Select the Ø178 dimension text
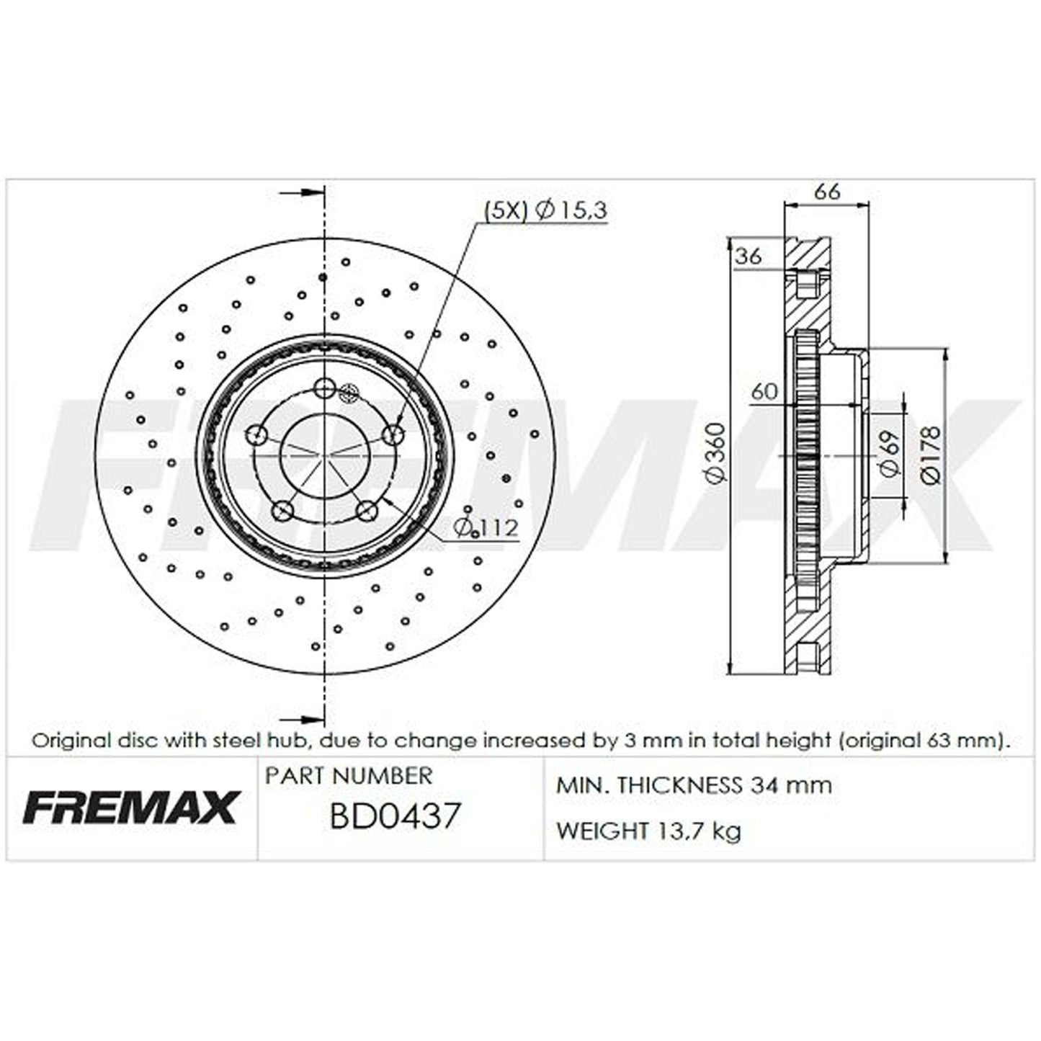pyautogui.click(x=930, y=454)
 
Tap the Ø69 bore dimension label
pyautogui.click(x=888, y=454)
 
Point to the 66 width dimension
pyautogui.click(x=826, y=192)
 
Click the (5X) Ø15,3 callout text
pyautogui.click(x=545, y=210)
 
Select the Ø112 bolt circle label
pyautogui.click(x=486, y=528)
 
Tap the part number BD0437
pyautogui.click(x=394, y=817)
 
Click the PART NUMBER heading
pyautogui.click(x=349, y=776)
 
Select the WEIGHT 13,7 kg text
pyautogui.click(x=648, y=831)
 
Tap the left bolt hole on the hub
pyautogui.click(x=257, y=434)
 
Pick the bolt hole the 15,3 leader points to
pyautogui.click(x=393, y=434)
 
